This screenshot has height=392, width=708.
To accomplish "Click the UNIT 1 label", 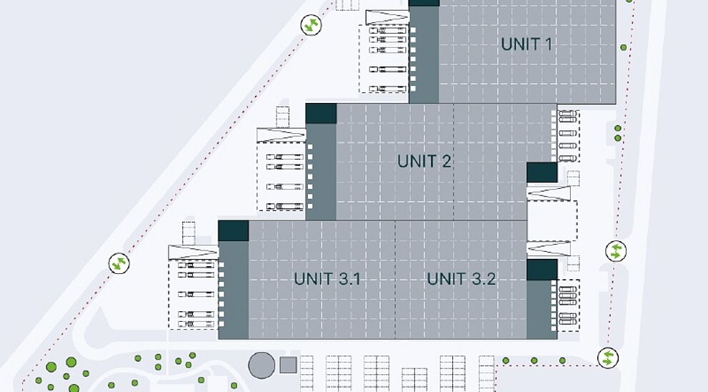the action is tap(527, 44).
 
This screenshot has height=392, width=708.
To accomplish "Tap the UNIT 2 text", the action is tap(424, 162).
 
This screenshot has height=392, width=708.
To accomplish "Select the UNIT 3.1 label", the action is tap(327, 279).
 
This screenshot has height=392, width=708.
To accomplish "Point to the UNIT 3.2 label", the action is tap(462, 279).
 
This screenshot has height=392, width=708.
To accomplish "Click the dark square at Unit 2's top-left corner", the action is tap(321, 114).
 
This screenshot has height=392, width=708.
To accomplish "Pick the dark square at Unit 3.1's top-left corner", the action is tap(234, 230).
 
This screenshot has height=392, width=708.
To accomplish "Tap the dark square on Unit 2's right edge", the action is tap(542, 172).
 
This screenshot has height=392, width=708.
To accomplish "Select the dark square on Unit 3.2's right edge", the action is tap(542, 270).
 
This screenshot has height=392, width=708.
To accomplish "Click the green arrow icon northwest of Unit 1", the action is tap(311, 24).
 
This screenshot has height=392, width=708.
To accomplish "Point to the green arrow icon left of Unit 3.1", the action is tap(119, 263).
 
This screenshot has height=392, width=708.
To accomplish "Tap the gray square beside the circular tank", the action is tap(288, 365).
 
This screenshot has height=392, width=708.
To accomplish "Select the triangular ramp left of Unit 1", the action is tap(387, 18).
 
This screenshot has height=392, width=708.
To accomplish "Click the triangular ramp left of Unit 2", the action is tap(281, 135).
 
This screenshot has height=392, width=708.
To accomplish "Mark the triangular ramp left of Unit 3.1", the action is tap(194, 253).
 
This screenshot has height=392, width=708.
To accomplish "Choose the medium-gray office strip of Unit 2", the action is tap(321, 172).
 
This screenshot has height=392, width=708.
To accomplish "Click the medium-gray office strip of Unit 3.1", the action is tap(234, 290).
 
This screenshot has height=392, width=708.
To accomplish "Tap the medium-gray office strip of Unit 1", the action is tap(424, 54).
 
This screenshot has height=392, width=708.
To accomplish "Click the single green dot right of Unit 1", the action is tap(624, 47).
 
